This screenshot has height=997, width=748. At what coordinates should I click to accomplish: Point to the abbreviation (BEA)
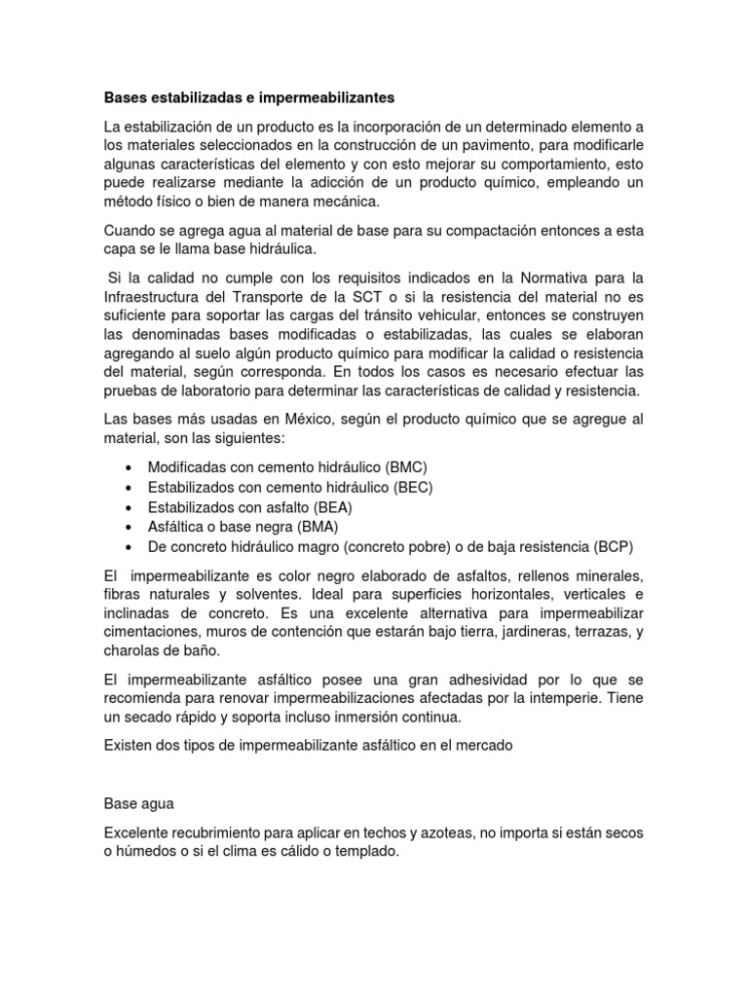[333, 507]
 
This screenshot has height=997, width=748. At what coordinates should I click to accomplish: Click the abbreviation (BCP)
[618, 546]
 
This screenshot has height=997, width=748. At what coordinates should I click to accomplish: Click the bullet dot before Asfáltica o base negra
[129, 527]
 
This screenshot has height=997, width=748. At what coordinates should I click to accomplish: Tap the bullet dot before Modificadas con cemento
[129, 468]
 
